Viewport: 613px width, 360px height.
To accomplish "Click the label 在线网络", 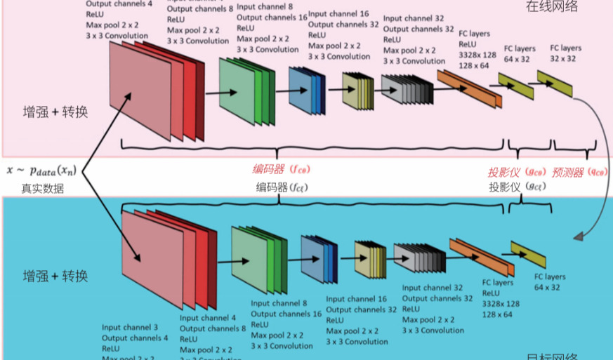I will pyautogui.click(x=551, y=7).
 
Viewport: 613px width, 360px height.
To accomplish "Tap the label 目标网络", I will pyautogui.click(x=551, y=355).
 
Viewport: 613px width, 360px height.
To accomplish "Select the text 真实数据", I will pyautogui.click(x=42, y=187).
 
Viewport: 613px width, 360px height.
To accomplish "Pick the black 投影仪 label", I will pyautogui.click(x=515, y=187).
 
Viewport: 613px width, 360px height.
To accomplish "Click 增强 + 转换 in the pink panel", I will pyautogui.click(x=55, y=111).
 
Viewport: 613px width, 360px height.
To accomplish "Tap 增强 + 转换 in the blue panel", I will pyautogui.click(x=55, y=275).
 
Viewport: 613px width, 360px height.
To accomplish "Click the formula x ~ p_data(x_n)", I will pyautogui.click(x=41, y=170).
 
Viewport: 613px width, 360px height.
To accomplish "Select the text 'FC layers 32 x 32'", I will pyautogui.click(x=565, y=53).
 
